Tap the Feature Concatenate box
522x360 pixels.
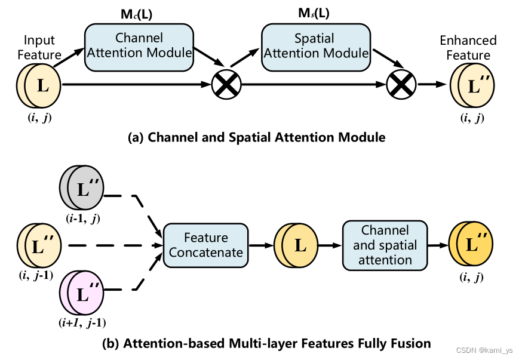point(206,245)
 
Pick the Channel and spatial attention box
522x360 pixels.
point(385,245)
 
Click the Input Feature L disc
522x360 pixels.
point(40,85)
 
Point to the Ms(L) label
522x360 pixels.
point(314,13)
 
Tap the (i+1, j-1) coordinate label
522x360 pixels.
point(83,323)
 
